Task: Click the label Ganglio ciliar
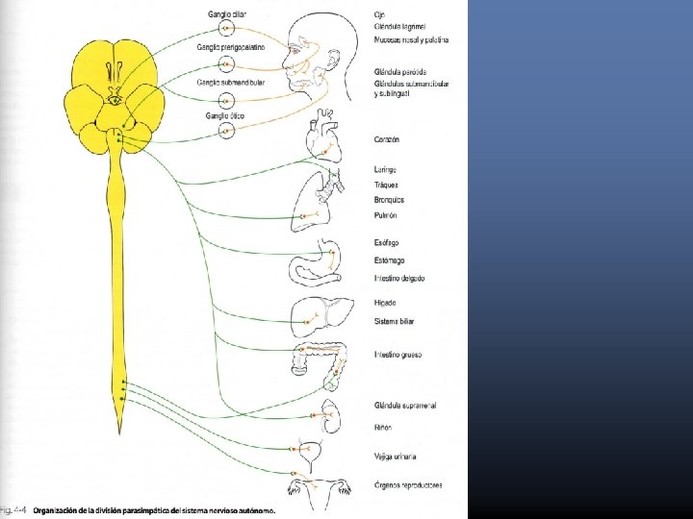pyautogui.click(x=225, y=14)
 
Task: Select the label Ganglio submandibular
pyautogui.click(x=231, y=83)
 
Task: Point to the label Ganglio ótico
pyautogui.click(x=225, y=115)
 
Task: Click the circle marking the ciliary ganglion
pyautogui.click(x=226, y=30)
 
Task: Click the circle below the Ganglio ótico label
pyautogui.click(x=226, y=131)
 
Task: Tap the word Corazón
pyautogui.click(x=387, y=139)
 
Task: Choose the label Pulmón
pyautogui.click(x=386, y=215)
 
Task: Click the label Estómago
pyautogui.click(x=390, y=260)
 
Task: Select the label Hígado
pyautogui.click(x=385, y=303)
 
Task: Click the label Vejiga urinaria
pyautogui.click(x=396, y=456)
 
